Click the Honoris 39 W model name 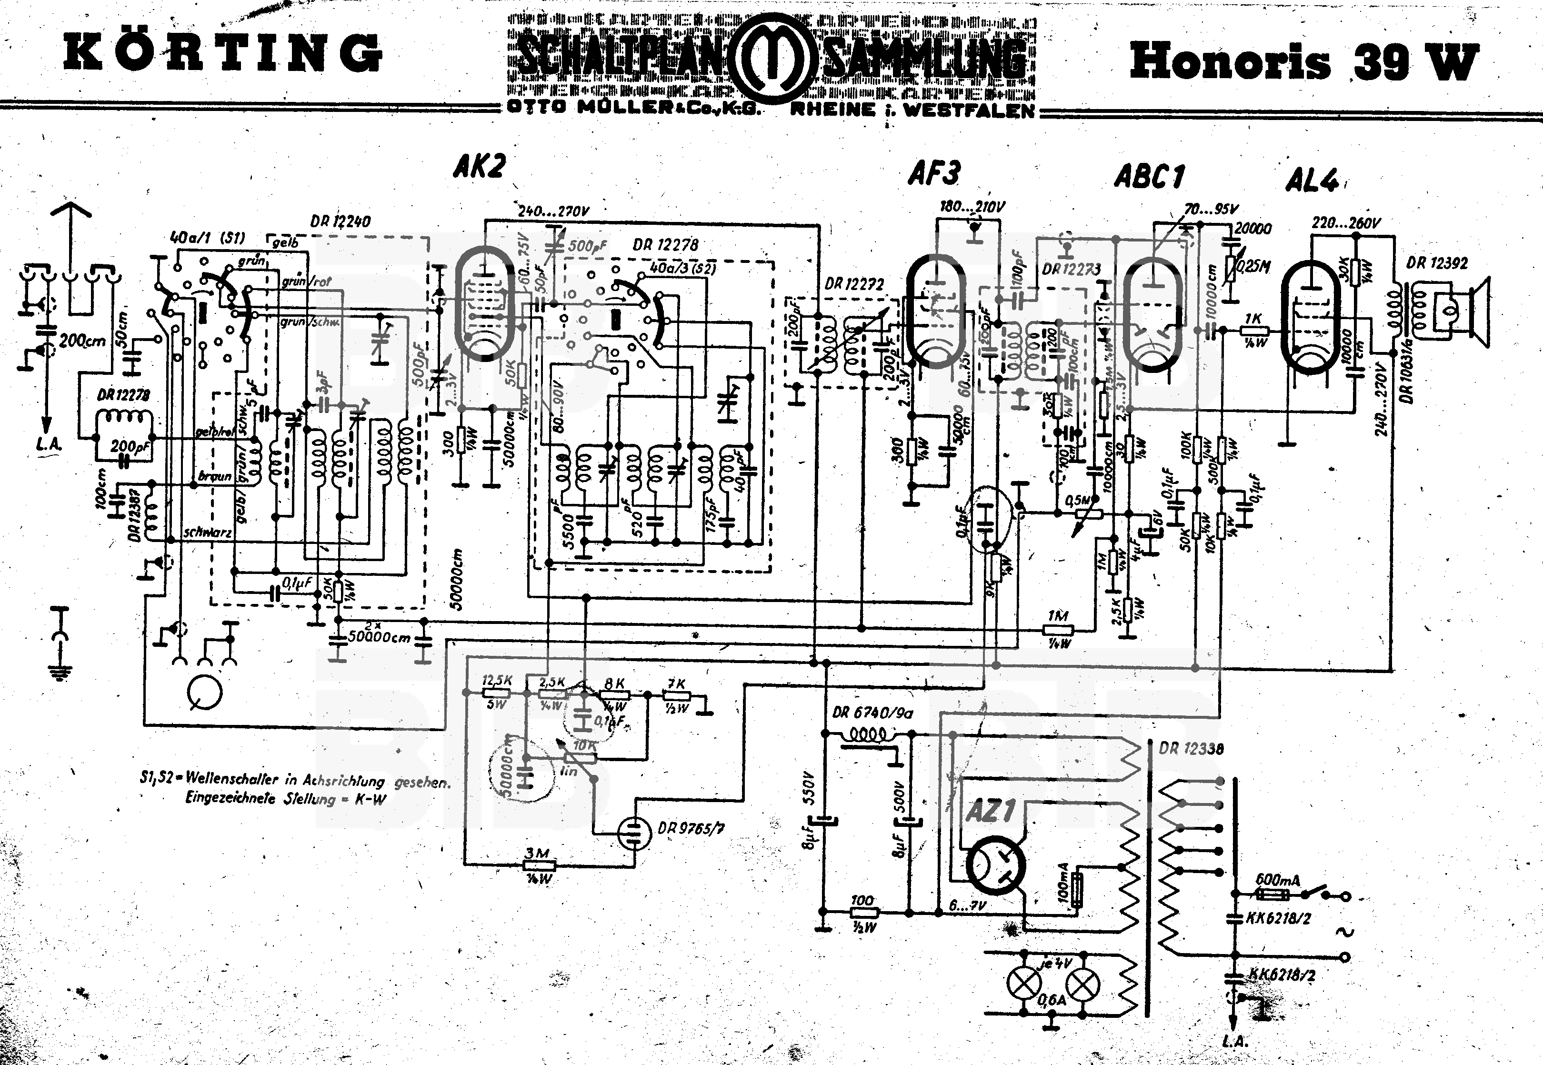tap(1303, 61)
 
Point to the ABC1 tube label tap(1150, 177)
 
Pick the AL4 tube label tap(1312, 180)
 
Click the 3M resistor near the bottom tap(537, 865)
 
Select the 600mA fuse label tap(1277, 880)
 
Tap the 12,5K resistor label tap(497, 681)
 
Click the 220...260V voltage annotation tap(1345, 222)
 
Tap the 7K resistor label tap(676, 684)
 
